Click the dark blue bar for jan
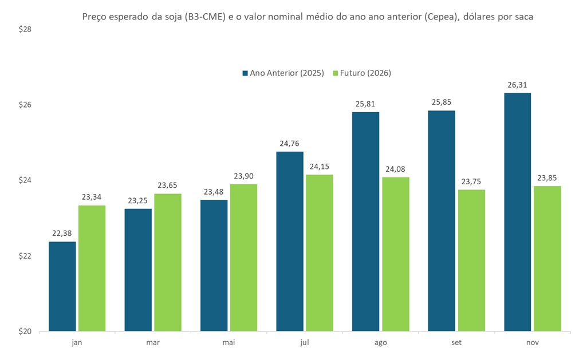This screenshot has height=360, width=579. tap(62, 286)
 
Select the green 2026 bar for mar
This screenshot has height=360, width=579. tap(168, 262)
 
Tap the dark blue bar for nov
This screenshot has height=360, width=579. tap(517, 212)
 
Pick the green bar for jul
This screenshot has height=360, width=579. tap(319, 252)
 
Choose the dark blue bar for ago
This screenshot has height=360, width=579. tap(365, 221)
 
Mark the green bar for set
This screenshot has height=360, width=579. tap(471, 260)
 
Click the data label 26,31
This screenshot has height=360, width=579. tap(517, 85)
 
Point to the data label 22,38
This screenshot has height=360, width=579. tap(62, 234)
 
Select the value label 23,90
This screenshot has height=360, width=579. tap(243, 176)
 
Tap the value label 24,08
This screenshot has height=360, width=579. tap(395, 169)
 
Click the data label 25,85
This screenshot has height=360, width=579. tap(441, 103)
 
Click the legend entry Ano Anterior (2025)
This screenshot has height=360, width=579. tap(283, 73)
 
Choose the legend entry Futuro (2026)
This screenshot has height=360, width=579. tap(361, 73)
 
